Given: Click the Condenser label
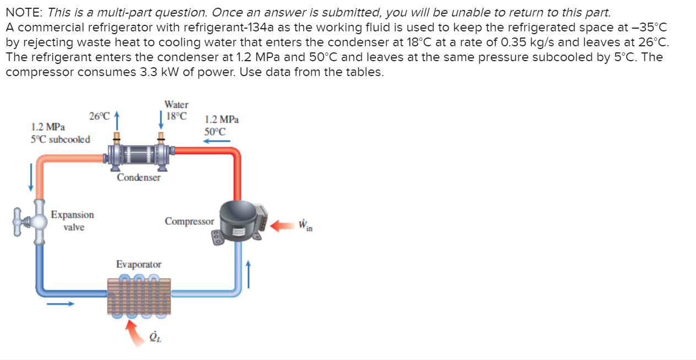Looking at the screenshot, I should coord(138,178).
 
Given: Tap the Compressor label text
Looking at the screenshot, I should coord(189,221).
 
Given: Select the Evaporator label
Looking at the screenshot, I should coord(138,265).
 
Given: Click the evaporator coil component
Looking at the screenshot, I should coord(138,295).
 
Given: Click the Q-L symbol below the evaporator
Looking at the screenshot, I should coord(156,337).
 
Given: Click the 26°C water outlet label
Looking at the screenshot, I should coord(99,116).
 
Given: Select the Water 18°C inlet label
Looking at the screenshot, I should coord(176,110).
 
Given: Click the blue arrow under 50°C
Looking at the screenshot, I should coord(216,141).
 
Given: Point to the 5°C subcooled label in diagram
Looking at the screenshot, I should coord(61,139).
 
